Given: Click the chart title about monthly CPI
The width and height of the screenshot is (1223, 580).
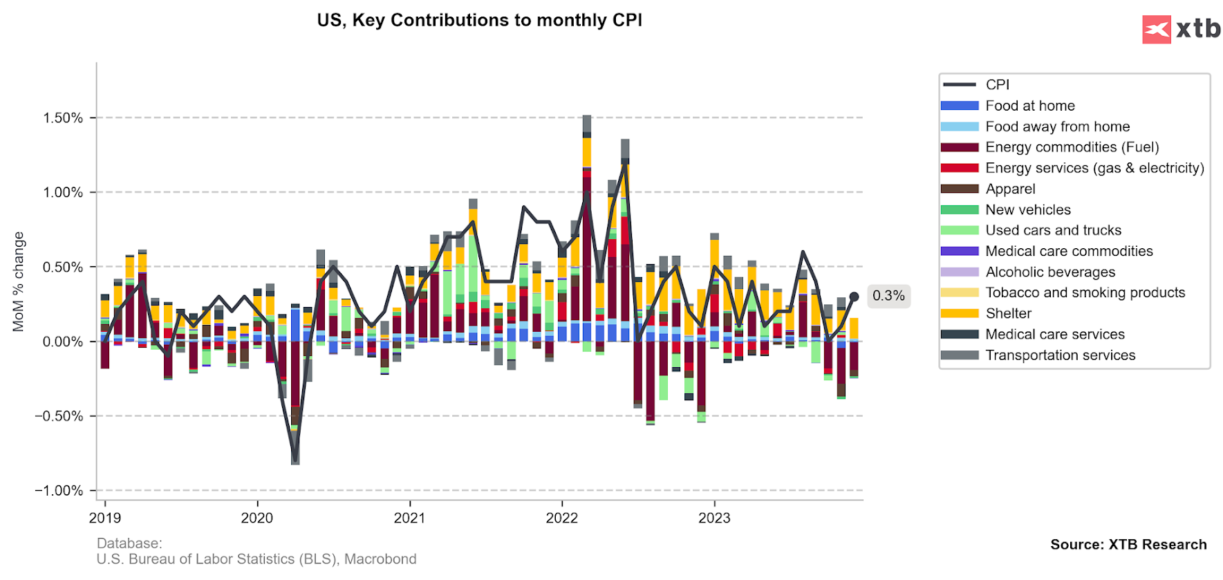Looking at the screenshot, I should click(x=479, y=20).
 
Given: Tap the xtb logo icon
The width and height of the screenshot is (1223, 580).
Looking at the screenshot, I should click(x=1156, y=30).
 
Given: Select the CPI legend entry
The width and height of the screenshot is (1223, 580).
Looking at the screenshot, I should click(x=997, y=84).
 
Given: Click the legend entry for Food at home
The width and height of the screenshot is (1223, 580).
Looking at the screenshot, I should click(x=1029, y=106).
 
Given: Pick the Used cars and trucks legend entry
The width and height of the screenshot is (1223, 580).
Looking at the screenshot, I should click(x=1053, y=230).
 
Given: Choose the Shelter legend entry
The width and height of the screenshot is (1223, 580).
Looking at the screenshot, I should click(x=1008, y=313).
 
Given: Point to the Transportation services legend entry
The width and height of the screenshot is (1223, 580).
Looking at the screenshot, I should click(x=1060, y=355).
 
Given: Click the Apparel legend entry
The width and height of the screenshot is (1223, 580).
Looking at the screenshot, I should click(x=1010, y=189).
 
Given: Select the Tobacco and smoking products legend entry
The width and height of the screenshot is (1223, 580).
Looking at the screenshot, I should click(x=1085, y=292).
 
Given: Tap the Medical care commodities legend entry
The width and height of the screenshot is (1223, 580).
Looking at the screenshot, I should click(x=1069, y=251).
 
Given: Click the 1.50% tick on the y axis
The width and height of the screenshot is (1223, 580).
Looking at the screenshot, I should click(x=63, y=118).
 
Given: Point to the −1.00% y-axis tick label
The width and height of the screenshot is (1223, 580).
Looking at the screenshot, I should click(x=59, y=491).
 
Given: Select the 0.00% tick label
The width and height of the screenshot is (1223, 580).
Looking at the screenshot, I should click(x=63, y=342).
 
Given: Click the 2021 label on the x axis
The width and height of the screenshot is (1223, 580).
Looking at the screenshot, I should click(x=409, y=518).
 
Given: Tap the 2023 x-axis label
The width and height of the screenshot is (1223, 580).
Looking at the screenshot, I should click(x=714, y=518).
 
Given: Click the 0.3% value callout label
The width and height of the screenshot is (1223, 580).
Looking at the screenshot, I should click(x=888, y=296).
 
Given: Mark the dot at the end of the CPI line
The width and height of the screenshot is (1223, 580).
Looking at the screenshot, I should click(x=854, y=297).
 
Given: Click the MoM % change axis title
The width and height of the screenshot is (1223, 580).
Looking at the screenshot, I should click(x=19, y=281).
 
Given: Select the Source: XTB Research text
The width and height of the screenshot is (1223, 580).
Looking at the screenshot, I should click(x=1128, y=544).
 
